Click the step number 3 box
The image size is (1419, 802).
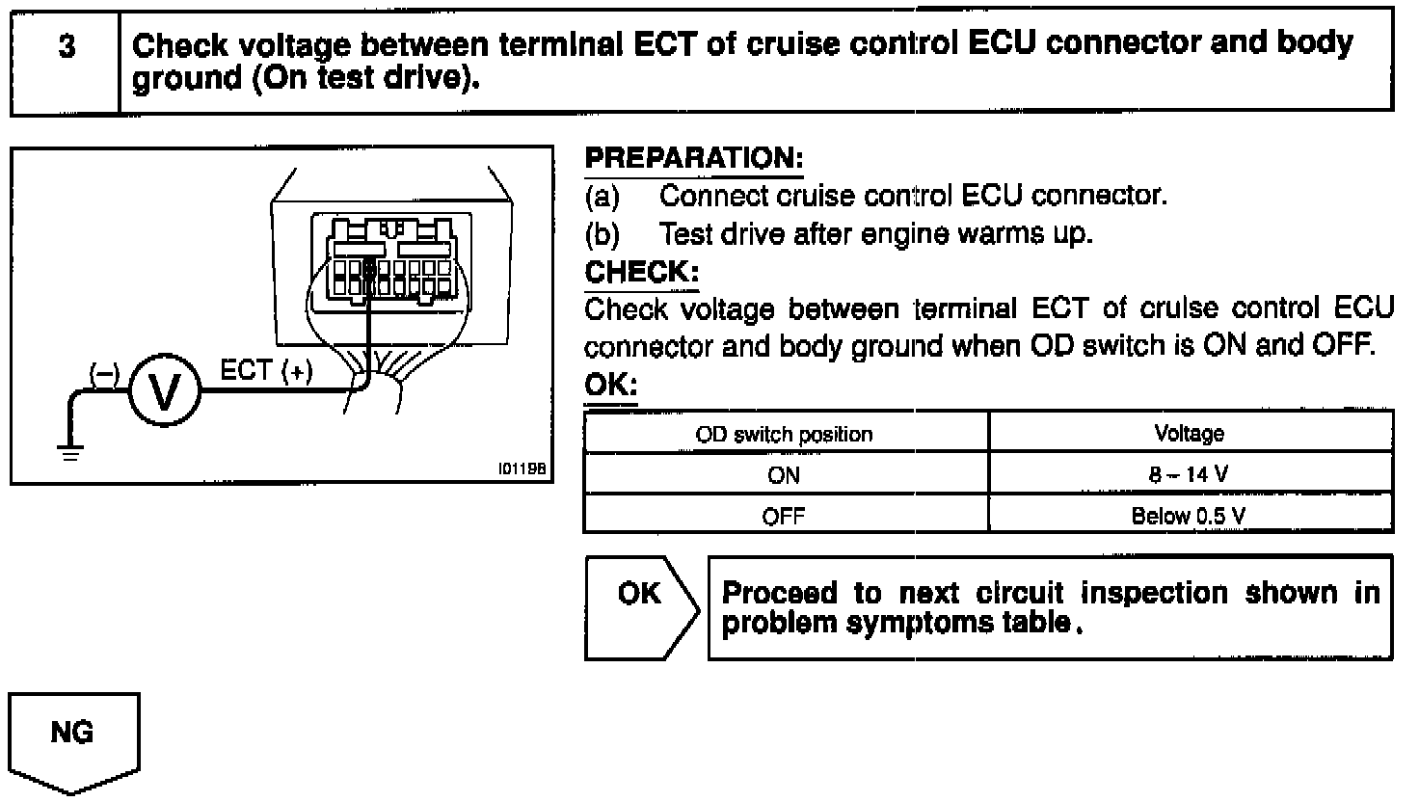click(x=66, y=60)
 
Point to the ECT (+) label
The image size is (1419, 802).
click(x=266, y=371)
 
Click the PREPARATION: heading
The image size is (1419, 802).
click(x=693, y=158)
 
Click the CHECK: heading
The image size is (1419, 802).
click(x=641, y=272)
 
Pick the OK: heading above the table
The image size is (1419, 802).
click(x=610, y=386)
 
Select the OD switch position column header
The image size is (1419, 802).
click(x=784, y=434)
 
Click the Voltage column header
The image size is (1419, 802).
click(x=1190, y=434)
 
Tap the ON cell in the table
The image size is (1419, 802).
click(x=784, y=475)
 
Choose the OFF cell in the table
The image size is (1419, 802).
click(x=784, y=516)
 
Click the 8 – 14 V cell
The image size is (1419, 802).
click(x=1190, y=475)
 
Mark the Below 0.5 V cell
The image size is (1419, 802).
click(x=1190, y=516)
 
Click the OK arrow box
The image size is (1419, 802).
click(x=640, y=607)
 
